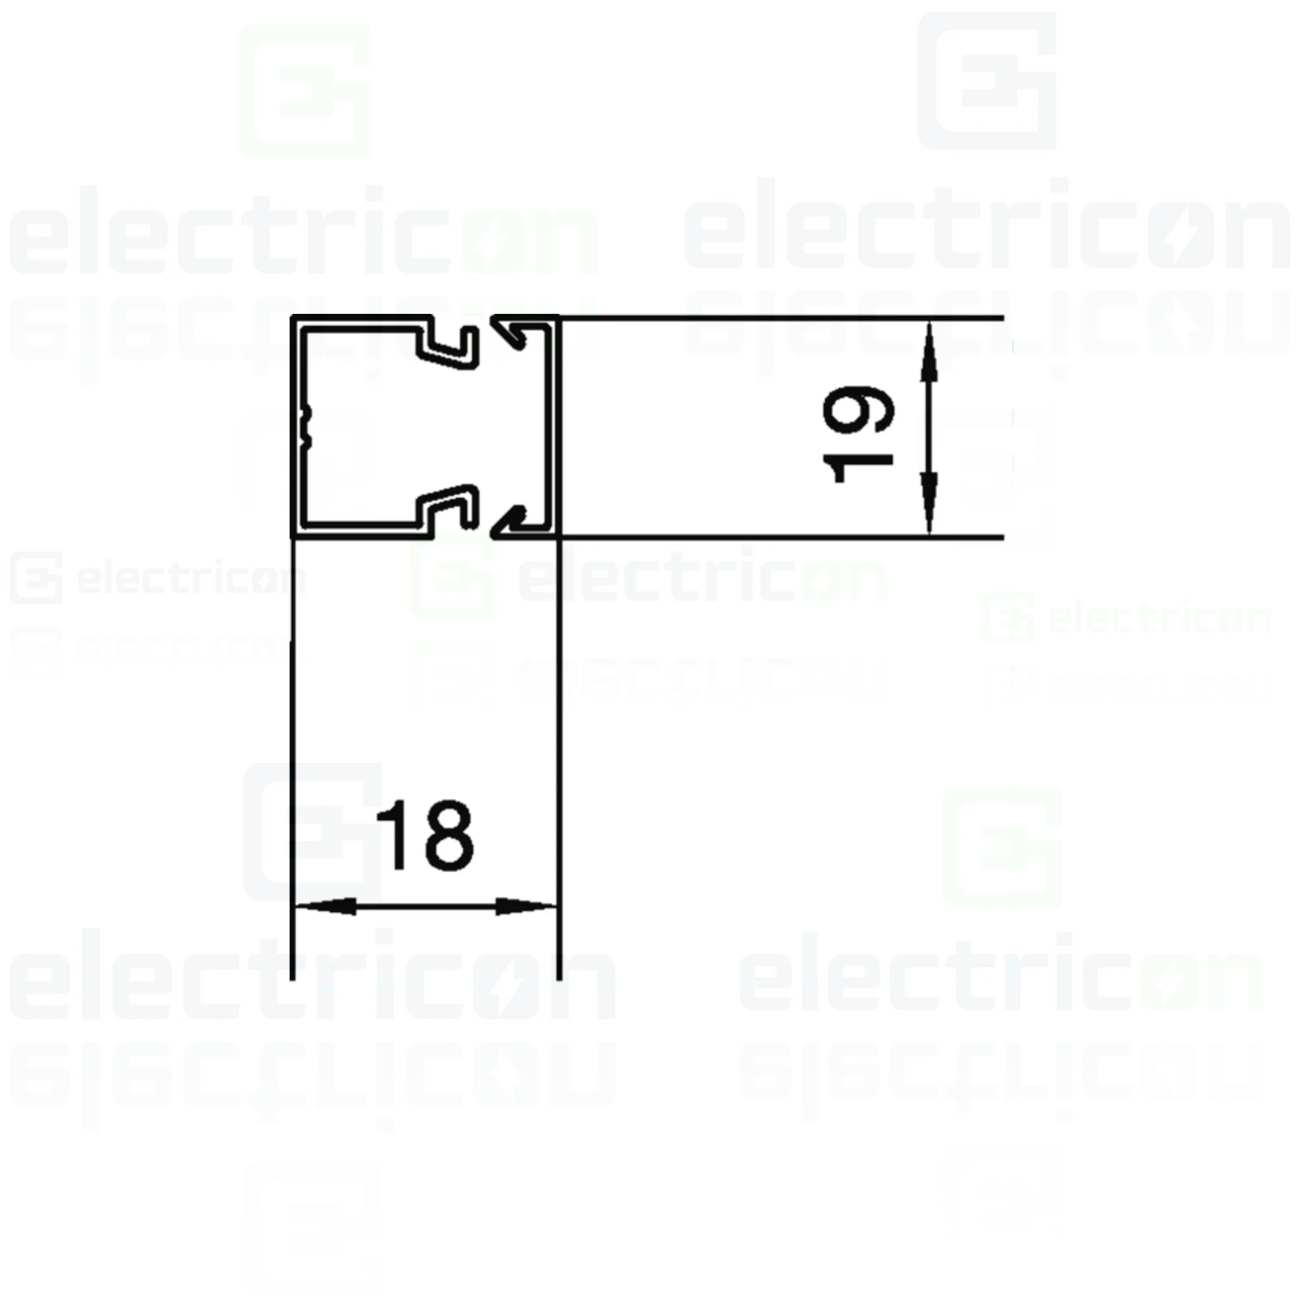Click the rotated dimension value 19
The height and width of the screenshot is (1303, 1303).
858,435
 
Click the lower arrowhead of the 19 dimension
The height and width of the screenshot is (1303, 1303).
930,502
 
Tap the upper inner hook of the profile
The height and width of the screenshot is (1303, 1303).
448,348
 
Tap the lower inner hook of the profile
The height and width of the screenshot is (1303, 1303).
448,506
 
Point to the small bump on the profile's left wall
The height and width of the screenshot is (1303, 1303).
308,427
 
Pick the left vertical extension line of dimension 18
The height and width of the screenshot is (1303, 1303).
292,759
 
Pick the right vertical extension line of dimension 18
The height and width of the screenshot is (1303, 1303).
559,759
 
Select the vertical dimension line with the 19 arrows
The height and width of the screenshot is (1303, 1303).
930,428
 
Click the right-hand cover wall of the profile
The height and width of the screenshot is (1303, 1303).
555,427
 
